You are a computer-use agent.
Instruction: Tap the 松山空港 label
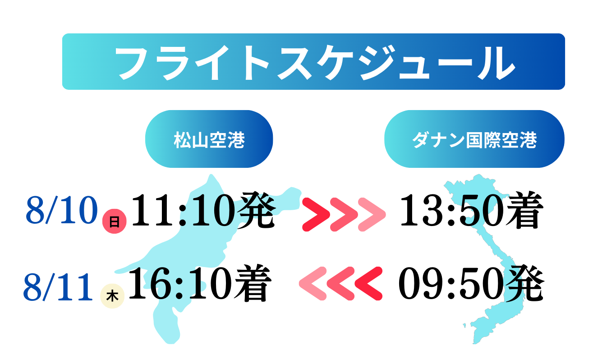click(x=209, y=140)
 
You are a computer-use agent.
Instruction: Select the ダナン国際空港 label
click(x=474, y=140)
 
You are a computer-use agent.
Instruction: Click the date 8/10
click(x=62, y=210)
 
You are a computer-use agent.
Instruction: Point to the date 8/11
click(x=58, y=286)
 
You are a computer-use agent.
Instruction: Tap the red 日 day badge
click(x=115, y=222)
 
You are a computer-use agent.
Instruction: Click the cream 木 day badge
click(x=112, y=296)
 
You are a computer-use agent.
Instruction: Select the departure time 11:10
click(x=184, y=210)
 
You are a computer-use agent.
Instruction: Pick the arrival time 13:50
click(x=453, y=210)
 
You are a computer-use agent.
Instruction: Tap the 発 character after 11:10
click(x=256, y=210)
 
